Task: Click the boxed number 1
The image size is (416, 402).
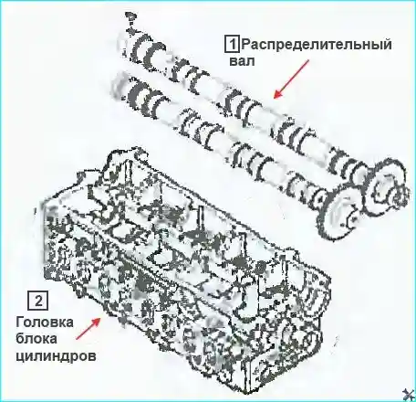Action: tap(233, 45)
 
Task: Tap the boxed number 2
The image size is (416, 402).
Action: tap(38, 301)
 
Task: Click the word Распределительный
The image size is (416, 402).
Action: tap(316, 46)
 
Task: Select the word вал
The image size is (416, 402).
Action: tap(242, 61)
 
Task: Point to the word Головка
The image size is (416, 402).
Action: tap(45, 323)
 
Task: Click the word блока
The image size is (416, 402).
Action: tap(36, 339)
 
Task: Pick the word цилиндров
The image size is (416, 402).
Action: tap(56, 355)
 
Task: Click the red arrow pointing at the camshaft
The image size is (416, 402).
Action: tap(291, 79)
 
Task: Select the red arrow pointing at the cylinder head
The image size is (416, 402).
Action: tap(88, 328)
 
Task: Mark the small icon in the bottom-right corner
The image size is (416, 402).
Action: tap(409, 395)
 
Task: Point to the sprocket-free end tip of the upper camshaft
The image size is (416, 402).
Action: tap(130, 21)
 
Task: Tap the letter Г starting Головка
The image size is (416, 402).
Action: tap(20, 323)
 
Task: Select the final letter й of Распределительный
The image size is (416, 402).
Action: tap(386, 45)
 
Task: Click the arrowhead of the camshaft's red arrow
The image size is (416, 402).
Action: tap(276, 95)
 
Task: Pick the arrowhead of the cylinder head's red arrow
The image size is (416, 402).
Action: tap(98, 321)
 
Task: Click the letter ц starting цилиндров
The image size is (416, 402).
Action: tap(21, 356)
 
